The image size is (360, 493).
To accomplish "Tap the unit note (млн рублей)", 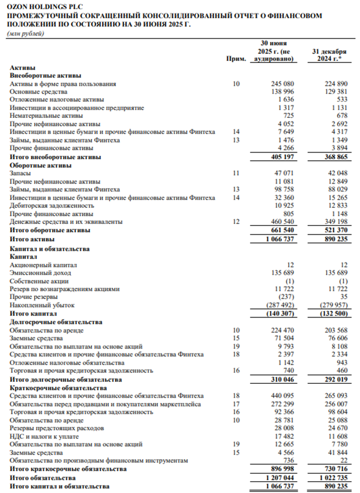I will tap(25, 34).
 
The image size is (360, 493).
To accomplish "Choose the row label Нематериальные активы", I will tap(42, 115).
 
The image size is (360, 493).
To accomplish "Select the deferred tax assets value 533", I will tap(341, 99).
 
